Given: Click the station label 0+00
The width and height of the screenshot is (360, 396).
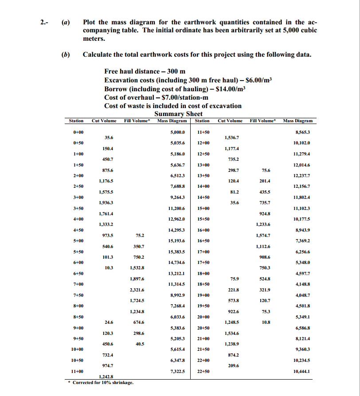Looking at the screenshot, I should pyautogui.click(x=78, y=132).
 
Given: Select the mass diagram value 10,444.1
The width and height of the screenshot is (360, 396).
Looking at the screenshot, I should pyautogui.click(x=301, y=371).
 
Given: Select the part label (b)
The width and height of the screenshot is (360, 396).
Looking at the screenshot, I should pyautogui.click(x=66, y=55).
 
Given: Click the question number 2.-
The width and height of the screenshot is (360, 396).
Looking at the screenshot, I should pyautogui.click(x=40, y=22).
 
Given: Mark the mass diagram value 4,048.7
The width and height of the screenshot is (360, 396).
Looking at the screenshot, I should pyautogui.click(x=301, y=295).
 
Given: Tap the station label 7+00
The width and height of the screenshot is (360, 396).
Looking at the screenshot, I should pyautogui.click(x=78, y=283).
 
